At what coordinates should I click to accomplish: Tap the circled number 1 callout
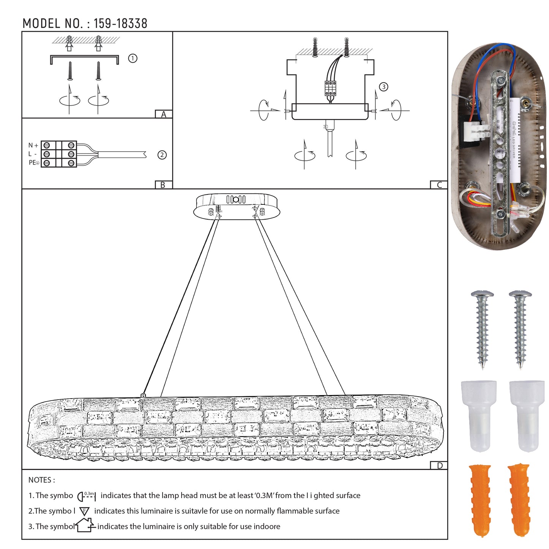[x=133, y=59]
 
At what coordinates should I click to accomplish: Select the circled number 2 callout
[x=162, y=155]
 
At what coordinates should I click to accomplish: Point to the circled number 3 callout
[x=384, y=87]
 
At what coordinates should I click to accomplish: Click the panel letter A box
[x=164, y=114]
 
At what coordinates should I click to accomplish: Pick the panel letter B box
[x=163, y=185]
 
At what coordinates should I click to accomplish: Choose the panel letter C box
[x=439, y=185]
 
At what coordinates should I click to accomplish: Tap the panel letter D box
[x=439, y=466]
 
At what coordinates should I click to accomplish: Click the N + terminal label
[x=33, y=145]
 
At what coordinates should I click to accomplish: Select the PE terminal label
[x=34, y=163]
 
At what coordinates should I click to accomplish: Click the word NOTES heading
[x=41, y=480]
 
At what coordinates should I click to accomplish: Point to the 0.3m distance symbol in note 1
[x=87, y=496]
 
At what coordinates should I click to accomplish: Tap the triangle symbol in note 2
[x=84, y=511]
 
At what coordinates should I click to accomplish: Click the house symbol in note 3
[x=85, y=525]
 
